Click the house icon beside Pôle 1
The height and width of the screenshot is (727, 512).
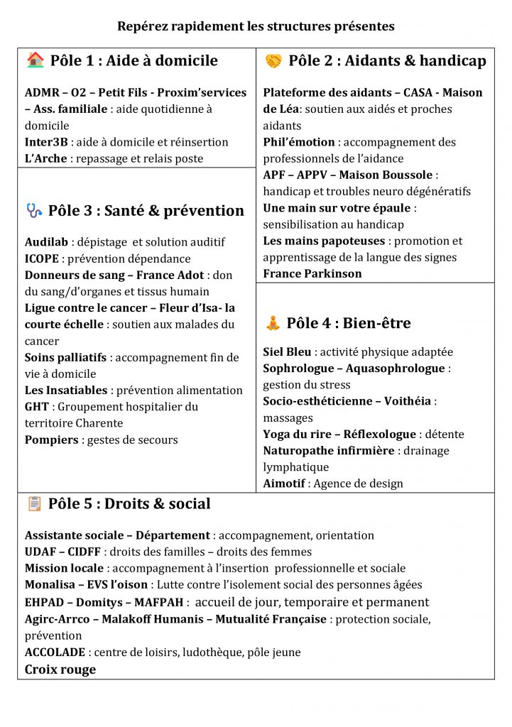pyautogui.click(x=35, y=60)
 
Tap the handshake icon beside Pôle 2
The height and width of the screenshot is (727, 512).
pyautogui.click(x=273, y=61)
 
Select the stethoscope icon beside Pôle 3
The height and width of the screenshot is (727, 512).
pyautogui.click(x=34, y=210)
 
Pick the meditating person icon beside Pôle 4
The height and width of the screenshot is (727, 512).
pyautogui.click(x=273, y=323)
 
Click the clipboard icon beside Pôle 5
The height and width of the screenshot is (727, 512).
pyautogui.click(x=34, y=503)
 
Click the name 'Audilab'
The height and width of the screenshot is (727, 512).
pyautogui.click(x=46, y=243)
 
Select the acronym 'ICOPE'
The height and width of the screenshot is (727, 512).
pyautogui.click(x=42, y=259)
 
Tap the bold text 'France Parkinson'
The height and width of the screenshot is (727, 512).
pyautogui.click(x=312, y=273)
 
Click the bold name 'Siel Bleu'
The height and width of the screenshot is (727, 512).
pyautogui.click(x=287, y=352)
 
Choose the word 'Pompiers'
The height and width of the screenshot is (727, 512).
pyautogui.click(x=52, y=439)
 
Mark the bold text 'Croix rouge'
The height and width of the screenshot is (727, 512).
pyautogui.click(x=60, y=669)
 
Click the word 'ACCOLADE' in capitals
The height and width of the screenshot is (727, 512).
pyautogui.click(x=55, y=652)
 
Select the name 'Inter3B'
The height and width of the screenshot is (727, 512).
pyautogui.click(x=46, y=142)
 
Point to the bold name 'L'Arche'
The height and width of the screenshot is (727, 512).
pyautogui.click(x=45, y=158)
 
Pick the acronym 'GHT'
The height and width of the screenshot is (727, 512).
pyautogui.click(x=37, y=407)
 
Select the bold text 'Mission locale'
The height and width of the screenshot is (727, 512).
pyautogui.click(x=64, y=568)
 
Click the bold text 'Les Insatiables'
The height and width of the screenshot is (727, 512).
pyautogui.click(x=66, y=390)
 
